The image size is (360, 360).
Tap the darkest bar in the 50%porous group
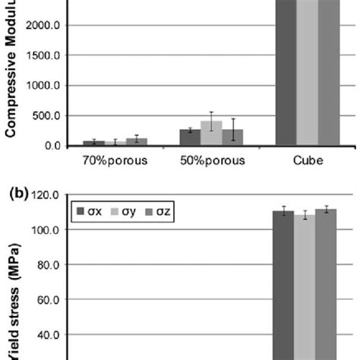click(x=190, y=137)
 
